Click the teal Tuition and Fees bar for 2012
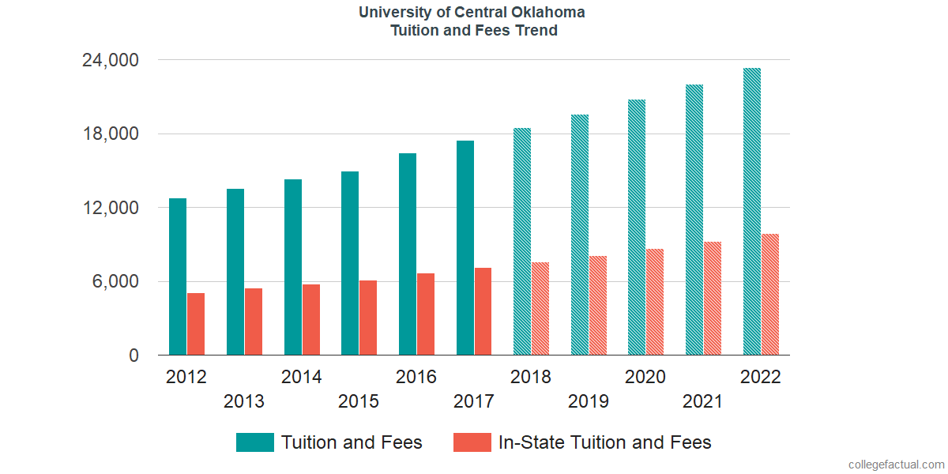(178, 276)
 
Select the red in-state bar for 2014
(310, 320)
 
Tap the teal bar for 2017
(465, 248)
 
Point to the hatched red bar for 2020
(655, 302)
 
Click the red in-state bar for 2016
(426, 314)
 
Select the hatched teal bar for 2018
(522, 242)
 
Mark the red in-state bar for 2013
(254, 322)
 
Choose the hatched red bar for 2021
(713, 299)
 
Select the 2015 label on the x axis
(359, 401)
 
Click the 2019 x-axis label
(589, 401)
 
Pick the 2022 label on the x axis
(760, 377)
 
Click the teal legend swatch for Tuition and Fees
(255, 442)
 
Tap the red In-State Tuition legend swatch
(472, 442)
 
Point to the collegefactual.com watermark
(896, 465)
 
